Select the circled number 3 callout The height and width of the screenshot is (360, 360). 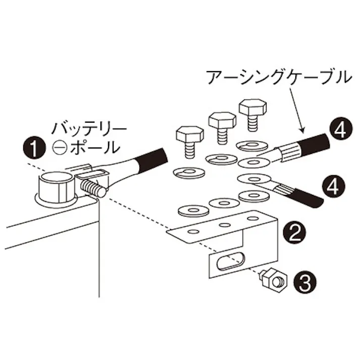[x=304, y=280]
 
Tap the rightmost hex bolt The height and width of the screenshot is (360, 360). [x=251, y=111]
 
